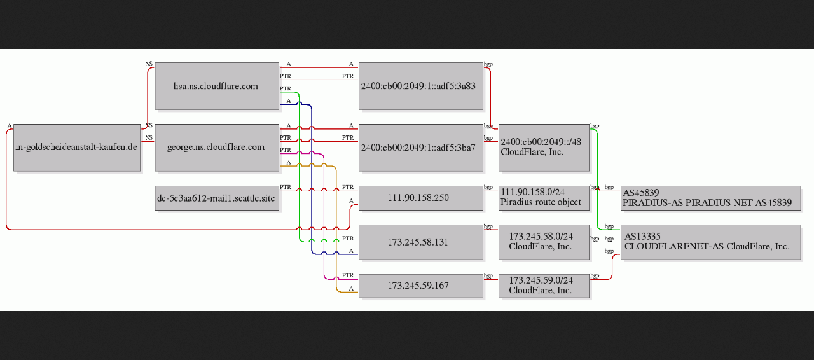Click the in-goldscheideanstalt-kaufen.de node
(77, 148)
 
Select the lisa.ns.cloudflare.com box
(217, 86)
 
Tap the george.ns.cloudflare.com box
(217, 148)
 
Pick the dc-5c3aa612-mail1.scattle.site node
(217, 198)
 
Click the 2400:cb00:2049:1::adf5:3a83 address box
(421, 86)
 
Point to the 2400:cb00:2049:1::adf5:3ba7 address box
(421, 148)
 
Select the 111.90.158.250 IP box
(421, 198)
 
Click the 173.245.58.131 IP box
(421, 242)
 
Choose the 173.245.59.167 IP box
(421, 286)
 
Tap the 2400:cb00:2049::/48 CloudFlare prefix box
(544, 148)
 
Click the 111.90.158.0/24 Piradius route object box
(544, 198)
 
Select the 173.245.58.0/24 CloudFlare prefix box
(544, 242)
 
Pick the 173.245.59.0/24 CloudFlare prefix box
(544, 286)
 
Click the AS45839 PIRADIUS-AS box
(710, 198)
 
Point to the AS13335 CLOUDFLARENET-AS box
(710, 242)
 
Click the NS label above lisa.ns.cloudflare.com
(149, 64)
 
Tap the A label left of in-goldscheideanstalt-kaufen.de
(10, 126)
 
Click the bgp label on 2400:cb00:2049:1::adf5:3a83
(488, 64)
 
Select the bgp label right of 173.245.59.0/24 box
(595, 275)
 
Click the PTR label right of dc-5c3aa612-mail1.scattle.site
(286, 187)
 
